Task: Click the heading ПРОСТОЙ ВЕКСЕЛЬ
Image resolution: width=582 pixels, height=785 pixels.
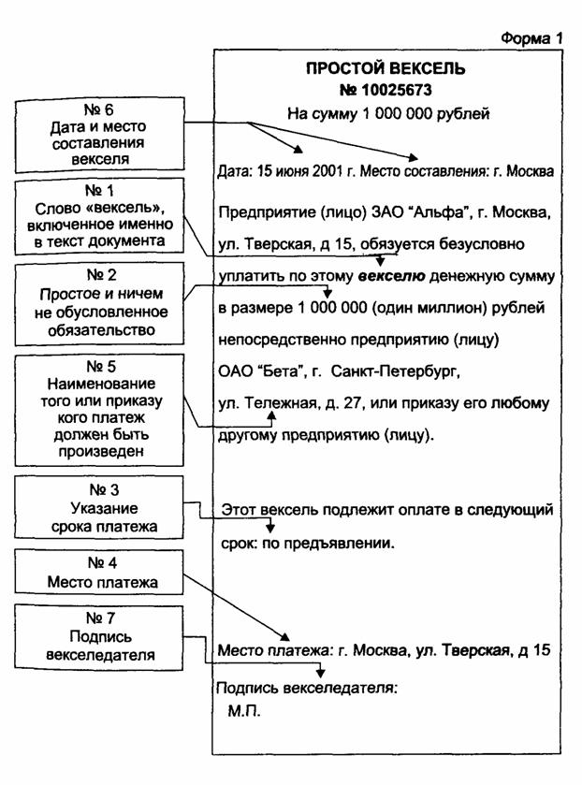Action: [x=386, y=68]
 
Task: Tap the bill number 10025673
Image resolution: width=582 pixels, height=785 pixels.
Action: [x=396, y=90]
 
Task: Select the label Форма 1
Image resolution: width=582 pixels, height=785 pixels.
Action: [x=531, y=38]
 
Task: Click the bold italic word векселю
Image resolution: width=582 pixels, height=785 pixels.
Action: [x=392, y=276]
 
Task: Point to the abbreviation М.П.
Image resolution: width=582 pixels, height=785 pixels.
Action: [x=244, y=711]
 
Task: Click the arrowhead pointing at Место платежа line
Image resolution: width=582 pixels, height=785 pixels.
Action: [x=284, y=636]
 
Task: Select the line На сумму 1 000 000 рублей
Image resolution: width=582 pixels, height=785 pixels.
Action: [x=388, y=113]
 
